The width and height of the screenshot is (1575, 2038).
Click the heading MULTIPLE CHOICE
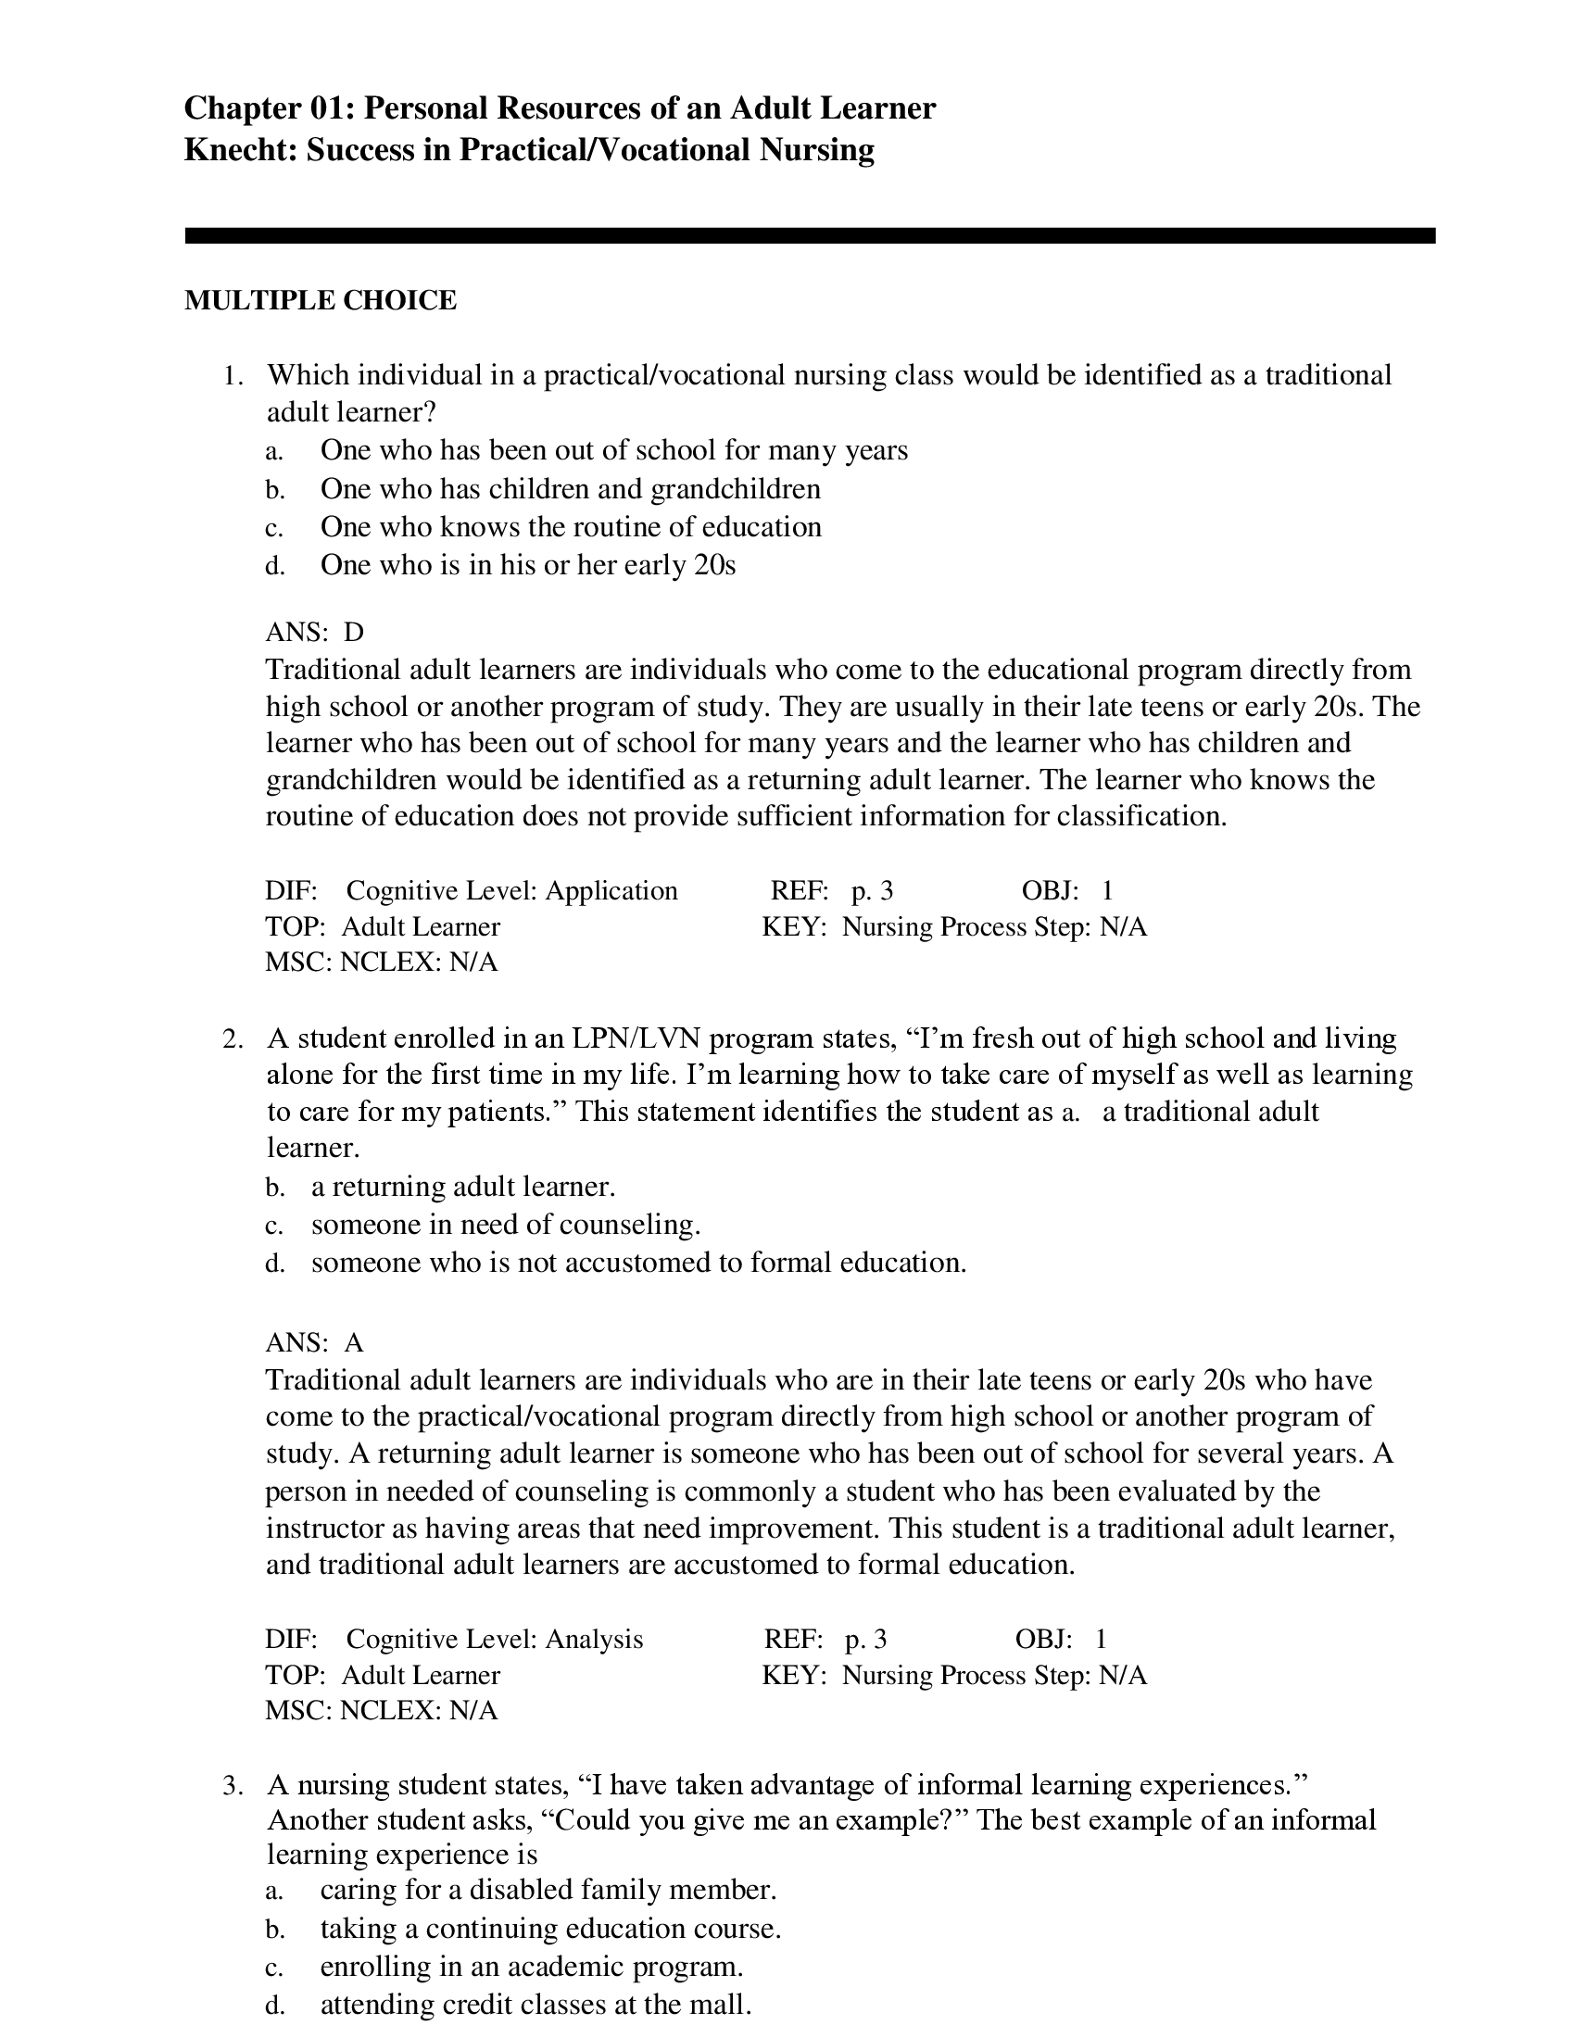[x=320, y=300]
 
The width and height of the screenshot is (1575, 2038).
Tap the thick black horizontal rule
[x=809, y=236]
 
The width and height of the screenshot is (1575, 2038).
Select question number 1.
[x=233, y=376]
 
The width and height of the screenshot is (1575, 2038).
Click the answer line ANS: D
[x=314, y=633]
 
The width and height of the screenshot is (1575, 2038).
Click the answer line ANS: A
[x=314, y=1343]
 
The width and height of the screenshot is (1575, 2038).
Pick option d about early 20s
[x=527, y=565]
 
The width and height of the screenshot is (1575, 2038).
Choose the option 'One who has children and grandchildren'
[x=570, y=489]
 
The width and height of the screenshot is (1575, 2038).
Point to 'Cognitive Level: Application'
[x=511, y=890]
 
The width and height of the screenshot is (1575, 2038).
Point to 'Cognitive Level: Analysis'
[x=495, y=1639]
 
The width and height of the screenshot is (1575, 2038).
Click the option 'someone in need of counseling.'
[x=506, y=1225]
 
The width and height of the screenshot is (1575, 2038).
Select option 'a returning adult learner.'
[x=463, y=1187]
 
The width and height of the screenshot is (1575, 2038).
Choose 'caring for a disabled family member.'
[x=548, y=1890]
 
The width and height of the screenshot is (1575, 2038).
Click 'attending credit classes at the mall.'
[x=535, y=2004]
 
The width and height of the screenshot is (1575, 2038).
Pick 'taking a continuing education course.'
[x=550, y=1928]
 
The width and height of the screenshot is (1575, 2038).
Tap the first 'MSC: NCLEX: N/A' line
[x=381, y=962]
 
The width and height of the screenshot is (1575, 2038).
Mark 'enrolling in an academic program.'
[x=531, y=1966]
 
